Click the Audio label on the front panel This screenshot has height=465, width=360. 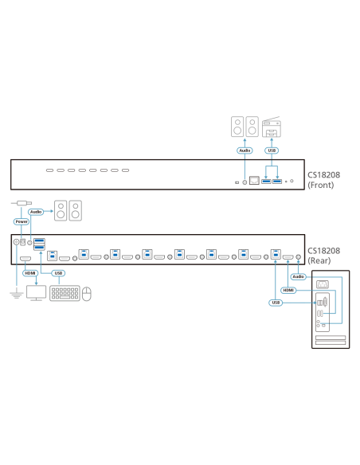click(245, 150)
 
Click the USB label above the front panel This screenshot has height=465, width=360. click(272, 150)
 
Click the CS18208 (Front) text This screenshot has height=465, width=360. click(324, 179)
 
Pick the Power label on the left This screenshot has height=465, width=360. click(22, 222)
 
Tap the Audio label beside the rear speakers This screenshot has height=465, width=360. click(36, 212)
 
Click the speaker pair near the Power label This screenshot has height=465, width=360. click(68, 211)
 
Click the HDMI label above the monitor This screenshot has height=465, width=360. click(31, 273)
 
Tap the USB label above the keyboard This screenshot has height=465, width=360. click(58, 273)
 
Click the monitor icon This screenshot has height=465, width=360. click(37, 294)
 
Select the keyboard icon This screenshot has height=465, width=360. click(65, 293)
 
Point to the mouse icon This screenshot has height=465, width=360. click(87, 294)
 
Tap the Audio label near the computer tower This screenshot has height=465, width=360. click(298, 276)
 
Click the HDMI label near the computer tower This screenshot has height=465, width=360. click(288, 291)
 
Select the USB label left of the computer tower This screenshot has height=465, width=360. click(276, 303)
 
